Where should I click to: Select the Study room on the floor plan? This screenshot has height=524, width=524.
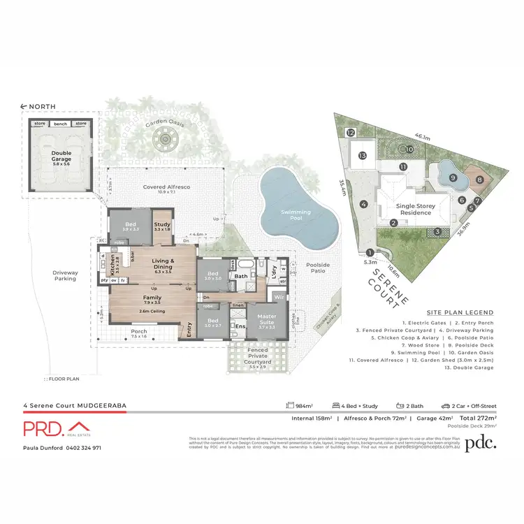pos(162,226)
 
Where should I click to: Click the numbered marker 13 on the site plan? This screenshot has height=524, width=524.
pos(362,156)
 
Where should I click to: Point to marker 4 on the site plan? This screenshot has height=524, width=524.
pos(364,204)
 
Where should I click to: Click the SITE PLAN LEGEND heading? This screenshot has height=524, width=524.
pos(460,312)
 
